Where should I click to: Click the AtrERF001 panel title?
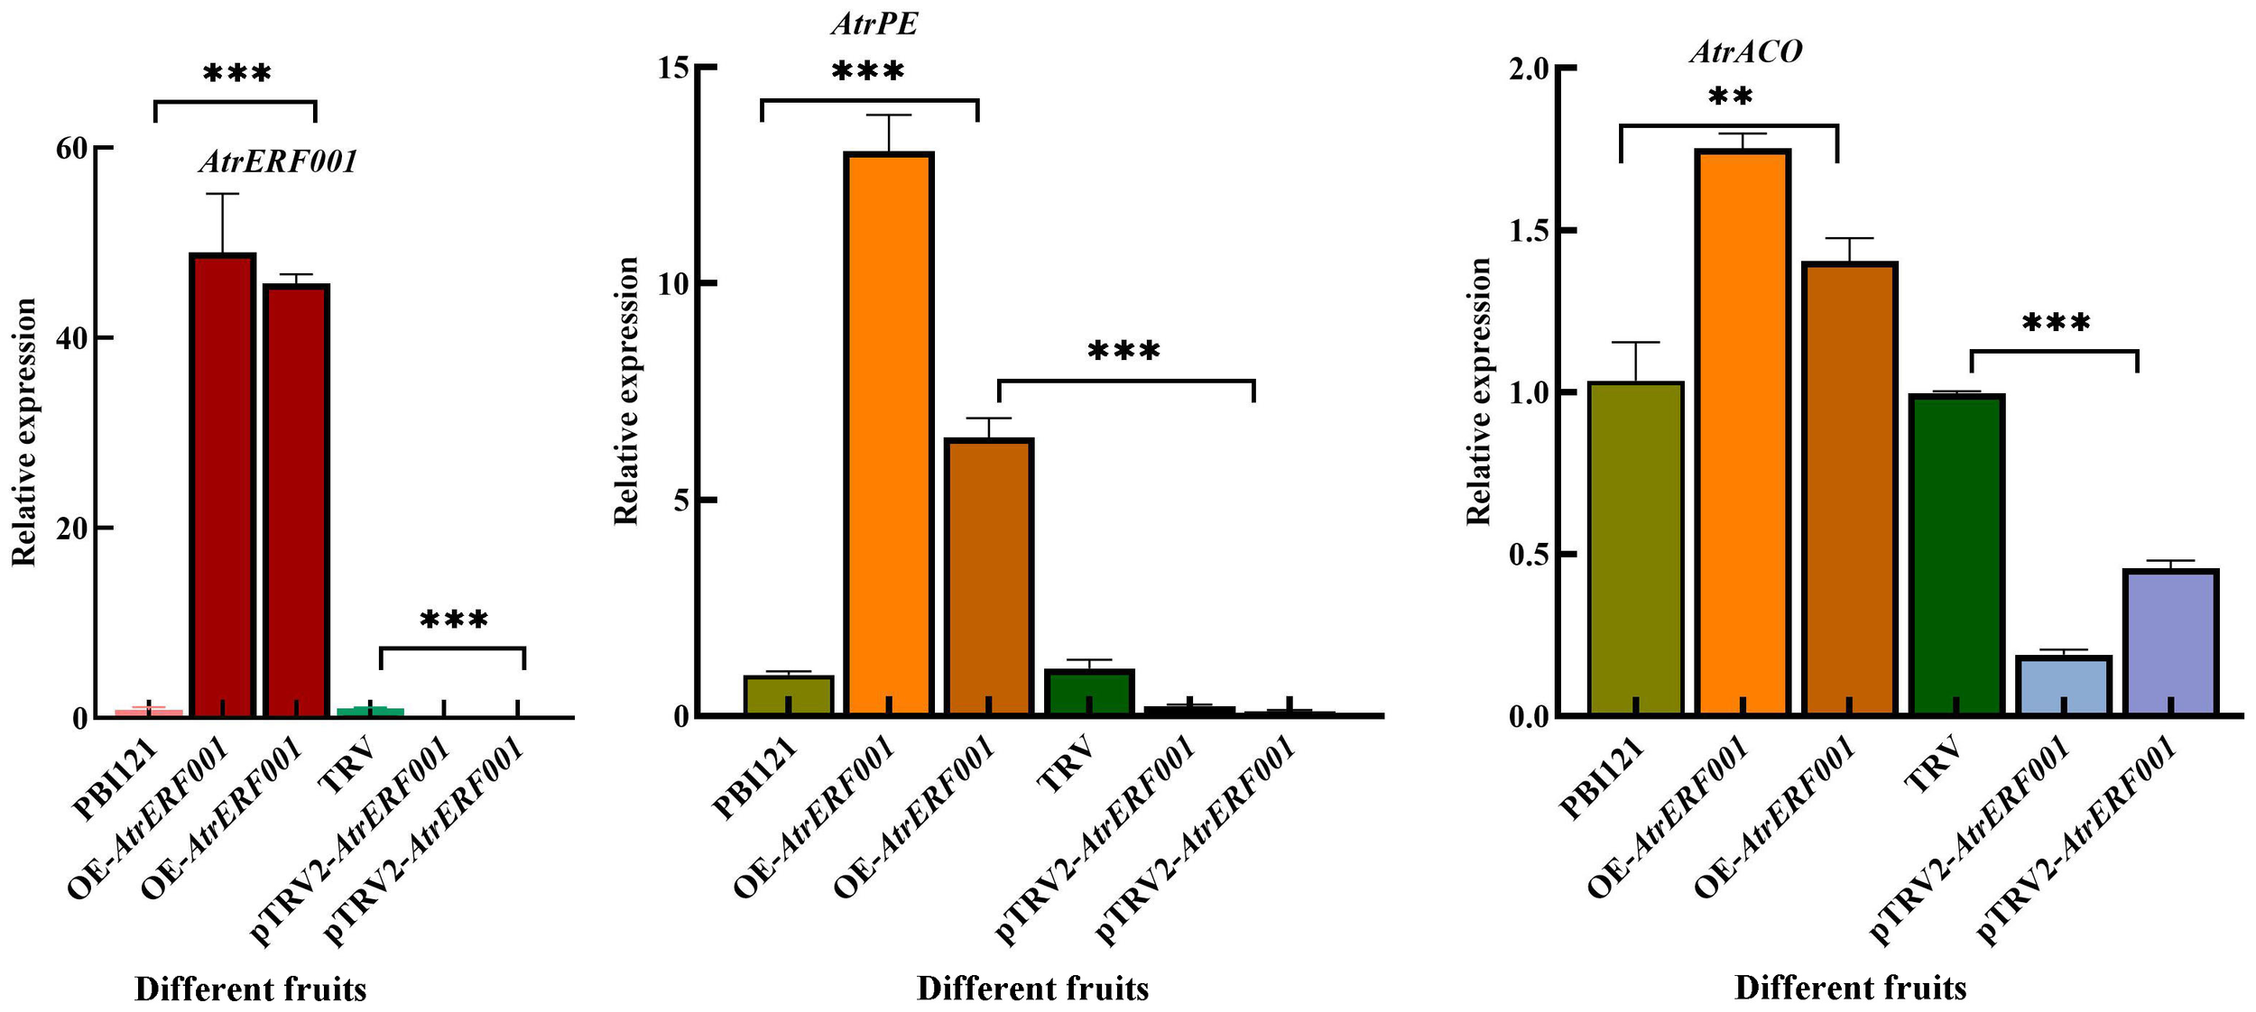pos(278,161)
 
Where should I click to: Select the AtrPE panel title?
pos(874,23)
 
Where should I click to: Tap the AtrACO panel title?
pos(1745,51)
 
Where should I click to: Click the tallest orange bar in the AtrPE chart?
pos(888,433)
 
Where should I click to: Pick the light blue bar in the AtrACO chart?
pos(2063,685)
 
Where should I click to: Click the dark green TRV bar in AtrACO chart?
pos(1956,555)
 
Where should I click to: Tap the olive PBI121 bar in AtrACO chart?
pos(1635,548)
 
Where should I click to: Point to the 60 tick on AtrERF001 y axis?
pos(72,149)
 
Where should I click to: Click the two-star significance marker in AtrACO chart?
pos(1730,97)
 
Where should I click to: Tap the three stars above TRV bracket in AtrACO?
pos(2056,323)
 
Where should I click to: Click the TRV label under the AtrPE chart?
pos(1067,764)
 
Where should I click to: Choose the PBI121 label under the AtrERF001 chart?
pos(117,780)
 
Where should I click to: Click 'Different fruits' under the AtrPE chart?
pos(1032,989)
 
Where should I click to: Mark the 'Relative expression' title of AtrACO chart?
pos(1478,391)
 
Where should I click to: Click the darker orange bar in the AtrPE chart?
pos(988,577)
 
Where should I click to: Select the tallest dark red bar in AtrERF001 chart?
pos(222,485)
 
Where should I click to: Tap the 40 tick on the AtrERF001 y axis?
pos(72,338)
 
